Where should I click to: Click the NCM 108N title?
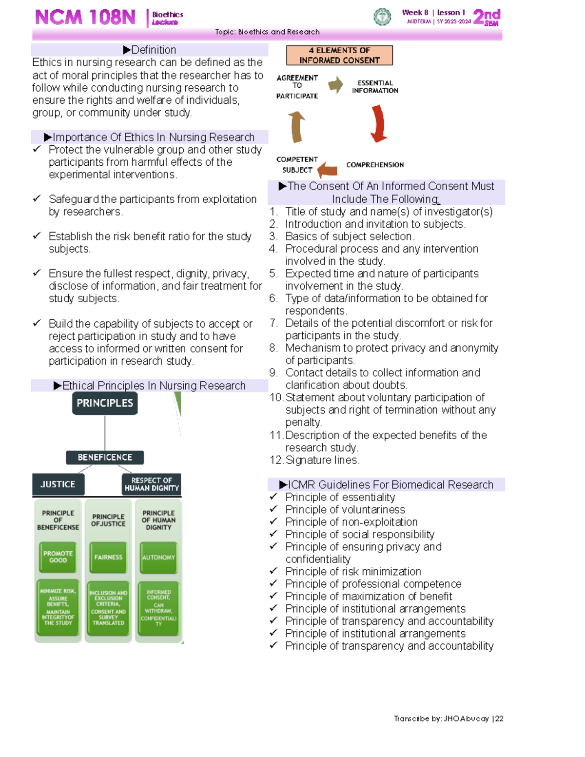(x=85, y=18)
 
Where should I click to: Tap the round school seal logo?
(x=382, y=17)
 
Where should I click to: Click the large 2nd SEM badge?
(x=487, y=17)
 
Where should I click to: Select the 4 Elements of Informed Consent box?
(x=339, y=56)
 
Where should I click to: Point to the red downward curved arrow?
(x=378, y=124)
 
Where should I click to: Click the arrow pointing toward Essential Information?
(x=335, y=85)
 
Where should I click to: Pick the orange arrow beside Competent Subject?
(x=328, y=170)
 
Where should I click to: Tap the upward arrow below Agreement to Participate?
(x=296, y=127)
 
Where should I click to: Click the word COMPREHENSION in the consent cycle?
(x=375, y=165)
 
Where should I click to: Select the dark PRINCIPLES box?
(x=105, y=403)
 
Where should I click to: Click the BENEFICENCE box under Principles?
(x=105, y=457)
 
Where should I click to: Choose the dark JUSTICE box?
(x=58, y=484)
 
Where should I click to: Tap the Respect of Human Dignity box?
(x=152, y=484)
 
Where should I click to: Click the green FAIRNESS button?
(x=108, y=557)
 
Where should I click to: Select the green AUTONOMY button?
(x=158, y=557)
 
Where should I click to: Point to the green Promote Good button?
(x=58, y=557)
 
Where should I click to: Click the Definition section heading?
(x=150, y=50)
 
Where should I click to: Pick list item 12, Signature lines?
(x=322, y=460)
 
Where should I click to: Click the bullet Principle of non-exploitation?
(x=351, y=522)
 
